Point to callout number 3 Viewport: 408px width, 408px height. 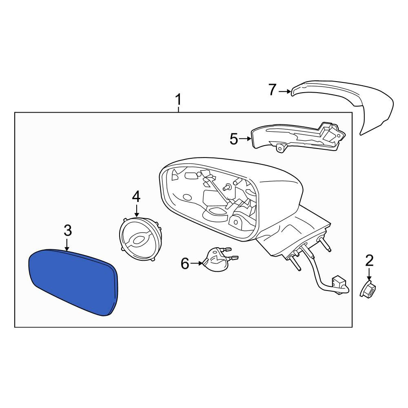pos(68,231)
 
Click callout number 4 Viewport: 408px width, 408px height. pos(136,197)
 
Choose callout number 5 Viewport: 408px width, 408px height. pos(234,139)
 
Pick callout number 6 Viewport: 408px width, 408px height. pos(185,263)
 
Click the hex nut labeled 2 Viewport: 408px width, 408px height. pos(368,289)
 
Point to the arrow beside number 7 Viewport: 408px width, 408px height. pos(285,91)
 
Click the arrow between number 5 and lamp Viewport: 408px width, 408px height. pos(245,139)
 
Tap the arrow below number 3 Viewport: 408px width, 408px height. pos(67,245)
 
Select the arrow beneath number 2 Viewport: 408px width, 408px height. pos(369,275)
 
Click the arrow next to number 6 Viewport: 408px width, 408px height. pos(197,263)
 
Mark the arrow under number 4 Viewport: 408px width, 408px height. pos(137,211)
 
